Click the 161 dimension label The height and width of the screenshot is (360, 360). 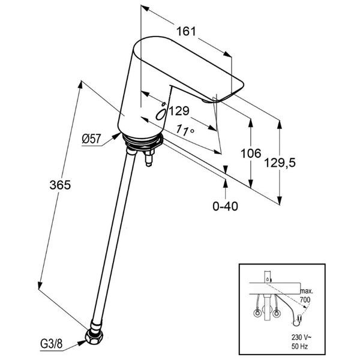(186, 31)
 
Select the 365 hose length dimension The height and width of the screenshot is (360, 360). (60, 185)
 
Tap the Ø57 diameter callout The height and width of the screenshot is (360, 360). (91, 139)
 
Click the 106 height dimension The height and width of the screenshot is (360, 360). (251, 153)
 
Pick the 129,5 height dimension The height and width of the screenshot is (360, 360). (280, 163)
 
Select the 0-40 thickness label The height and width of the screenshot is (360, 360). (225, 206)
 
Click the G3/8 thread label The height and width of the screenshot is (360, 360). (51, 344)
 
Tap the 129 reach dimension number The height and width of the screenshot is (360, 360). (179, 111)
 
